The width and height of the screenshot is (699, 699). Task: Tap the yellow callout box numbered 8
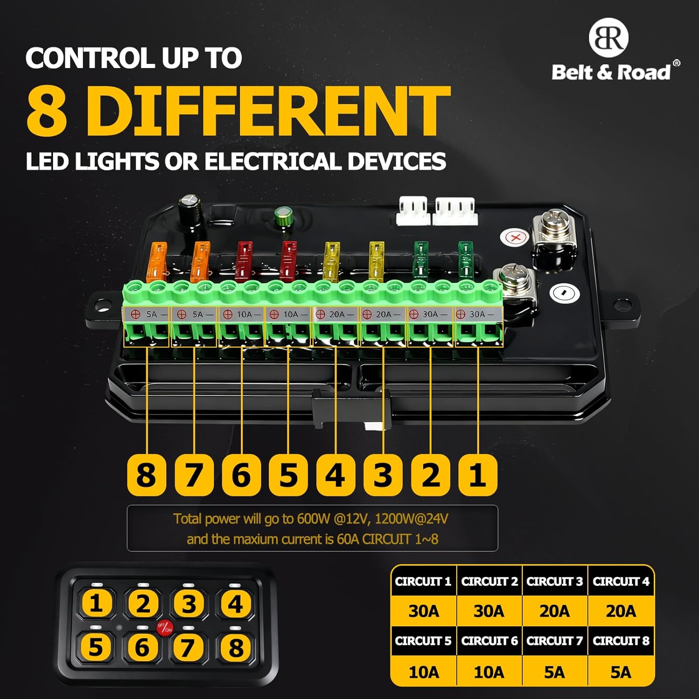coord(146,475)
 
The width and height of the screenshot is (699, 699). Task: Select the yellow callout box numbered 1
coord(478,475)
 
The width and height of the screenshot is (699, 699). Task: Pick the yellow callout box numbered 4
coord(336,475)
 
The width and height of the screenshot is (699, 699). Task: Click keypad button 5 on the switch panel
coord(96,647)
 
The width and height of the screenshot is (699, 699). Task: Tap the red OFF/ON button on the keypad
coord(164,628)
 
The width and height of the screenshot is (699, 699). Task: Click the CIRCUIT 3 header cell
coord(555,582)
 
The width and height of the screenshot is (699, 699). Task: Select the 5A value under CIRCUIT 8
coord(621,672)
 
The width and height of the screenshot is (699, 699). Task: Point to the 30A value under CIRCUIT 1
coord(424,611)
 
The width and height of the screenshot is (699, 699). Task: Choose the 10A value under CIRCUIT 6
coord(489,672)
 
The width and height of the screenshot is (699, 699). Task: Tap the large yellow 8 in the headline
coord(47,111)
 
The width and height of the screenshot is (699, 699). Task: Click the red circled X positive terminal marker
coord(515,238)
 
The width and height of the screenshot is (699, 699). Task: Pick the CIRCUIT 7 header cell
coord(555,641)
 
